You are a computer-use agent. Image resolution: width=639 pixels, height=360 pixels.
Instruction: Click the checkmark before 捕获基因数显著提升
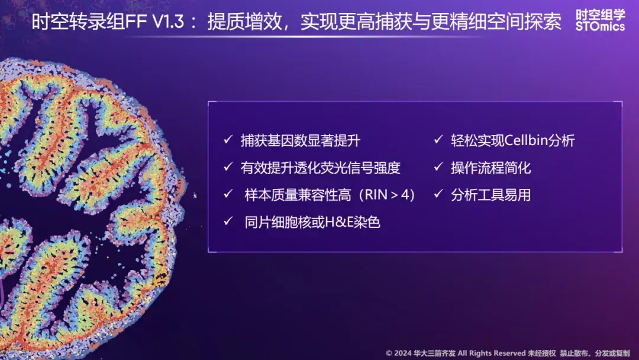coord(228,140)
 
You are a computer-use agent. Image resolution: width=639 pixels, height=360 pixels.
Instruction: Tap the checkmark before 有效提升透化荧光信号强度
coord(228,168)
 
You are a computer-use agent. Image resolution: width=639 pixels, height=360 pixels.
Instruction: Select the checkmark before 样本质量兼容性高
coord(228,195)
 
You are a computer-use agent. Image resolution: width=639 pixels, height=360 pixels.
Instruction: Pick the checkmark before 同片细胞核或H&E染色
coord(228,222)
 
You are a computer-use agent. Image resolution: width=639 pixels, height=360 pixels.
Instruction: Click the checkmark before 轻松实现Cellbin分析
coord(438,140)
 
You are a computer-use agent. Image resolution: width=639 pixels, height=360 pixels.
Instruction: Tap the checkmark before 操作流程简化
coord(438,168)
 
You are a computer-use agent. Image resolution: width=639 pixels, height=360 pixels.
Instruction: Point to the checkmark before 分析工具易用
coord(438,195)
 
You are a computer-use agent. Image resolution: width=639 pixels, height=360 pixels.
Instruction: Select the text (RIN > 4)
coord(382,195)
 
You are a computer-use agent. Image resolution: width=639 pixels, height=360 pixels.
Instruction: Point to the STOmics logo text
coord(600,27)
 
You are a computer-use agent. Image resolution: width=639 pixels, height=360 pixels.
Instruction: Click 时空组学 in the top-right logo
coord(600,14)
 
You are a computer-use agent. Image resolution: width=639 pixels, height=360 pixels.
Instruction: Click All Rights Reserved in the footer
coord(489,353)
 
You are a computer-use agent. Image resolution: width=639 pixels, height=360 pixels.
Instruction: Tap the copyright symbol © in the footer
coord(389,353)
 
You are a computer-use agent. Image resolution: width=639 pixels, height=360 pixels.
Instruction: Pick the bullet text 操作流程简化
coord(490,168)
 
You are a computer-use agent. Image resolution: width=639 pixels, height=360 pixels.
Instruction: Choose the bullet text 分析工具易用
coord(490,195)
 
